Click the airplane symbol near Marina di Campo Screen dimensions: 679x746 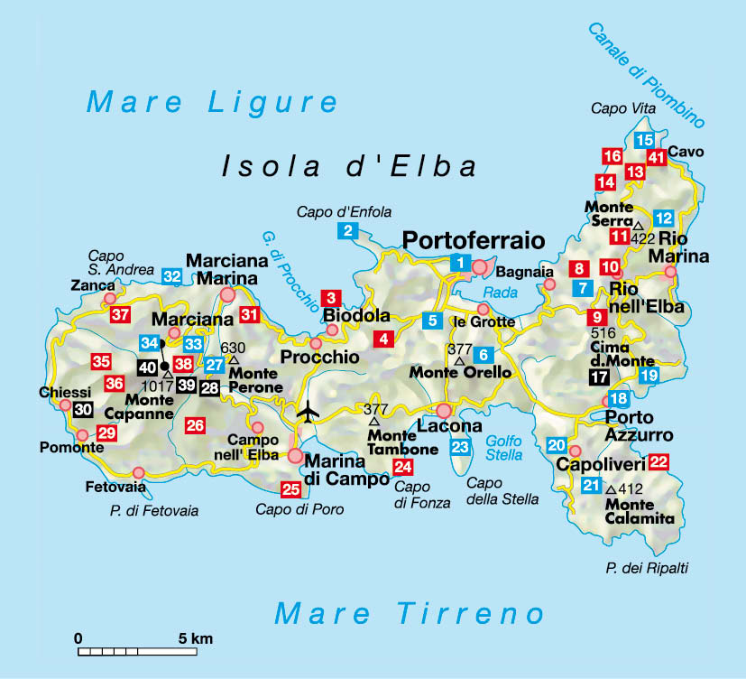point(309,411)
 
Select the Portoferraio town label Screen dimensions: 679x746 point(474,240)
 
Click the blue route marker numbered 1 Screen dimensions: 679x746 point(460,264)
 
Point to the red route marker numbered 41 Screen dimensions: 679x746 point(657,158)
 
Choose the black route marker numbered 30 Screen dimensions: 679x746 point(83,409)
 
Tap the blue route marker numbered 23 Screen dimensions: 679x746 point(461,447)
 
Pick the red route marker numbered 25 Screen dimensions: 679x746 point(290,490)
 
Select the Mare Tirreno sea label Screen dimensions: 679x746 point(410,614)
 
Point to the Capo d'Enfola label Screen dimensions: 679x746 point(344,212)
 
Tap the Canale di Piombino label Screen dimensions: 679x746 point(646,75)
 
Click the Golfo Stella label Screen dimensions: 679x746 point(504,448)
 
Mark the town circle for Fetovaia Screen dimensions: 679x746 point(138,472)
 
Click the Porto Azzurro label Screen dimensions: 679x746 point(639,426)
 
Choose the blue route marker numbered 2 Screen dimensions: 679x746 point(347,230)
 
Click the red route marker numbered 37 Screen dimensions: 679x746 point(120,315)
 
